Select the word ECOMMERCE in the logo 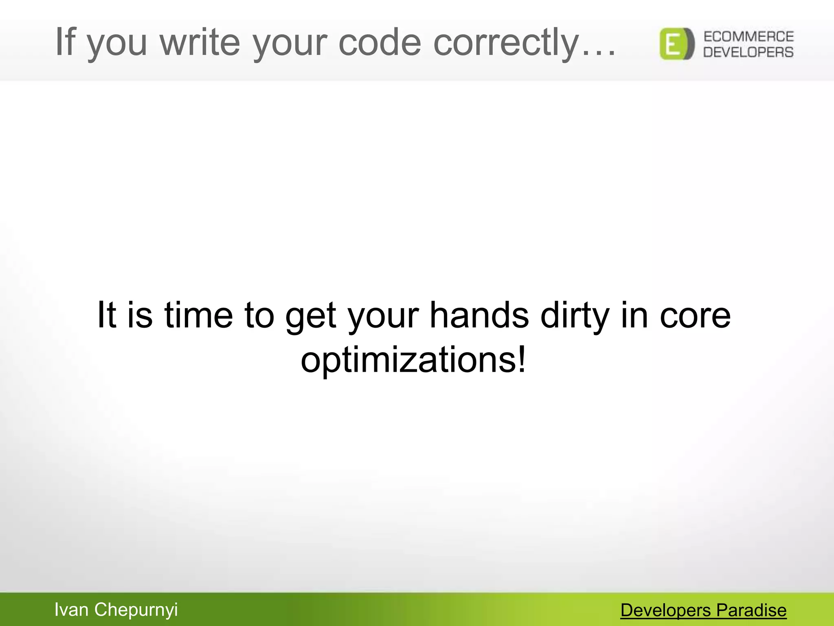(x=748, y=37)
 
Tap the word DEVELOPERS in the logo (x=748, y=52)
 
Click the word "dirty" (x=575, y=316)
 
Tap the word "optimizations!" (x=413, y=360)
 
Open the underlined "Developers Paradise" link (x=703, y=610)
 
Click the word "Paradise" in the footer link (x=751, y=610)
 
